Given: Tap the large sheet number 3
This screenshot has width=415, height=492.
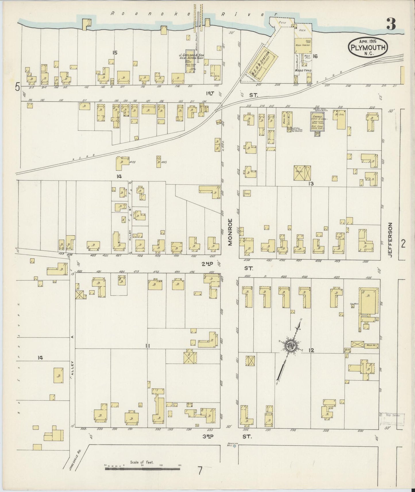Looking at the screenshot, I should (392, 23).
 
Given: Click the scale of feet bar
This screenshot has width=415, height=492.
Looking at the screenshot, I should (142, 469).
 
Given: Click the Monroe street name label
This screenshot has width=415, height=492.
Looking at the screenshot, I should (230, 232).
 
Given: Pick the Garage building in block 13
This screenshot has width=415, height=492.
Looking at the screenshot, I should (317, 121).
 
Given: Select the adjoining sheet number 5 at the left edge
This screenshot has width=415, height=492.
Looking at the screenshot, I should (18, 86).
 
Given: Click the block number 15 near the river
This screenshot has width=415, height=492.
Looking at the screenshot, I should (115, 53).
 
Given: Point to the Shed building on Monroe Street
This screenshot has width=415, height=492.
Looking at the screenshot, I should (247, 193).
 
